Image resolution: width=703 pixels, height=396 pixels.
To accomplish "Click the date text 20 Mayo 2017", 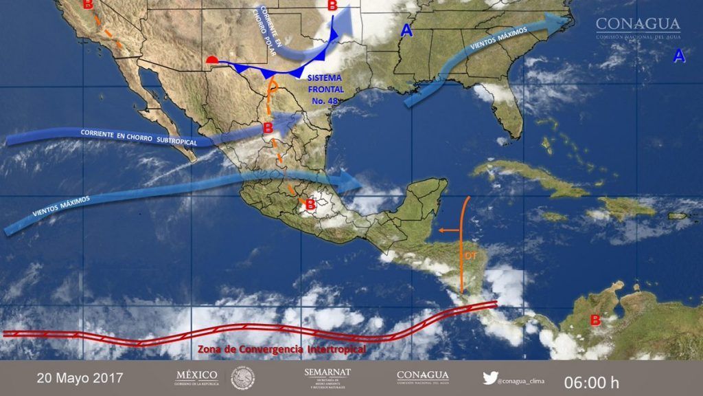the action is tap(80, 378).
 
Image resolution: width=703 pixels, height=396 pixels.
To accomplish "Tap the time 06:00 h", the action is tap(591, 381).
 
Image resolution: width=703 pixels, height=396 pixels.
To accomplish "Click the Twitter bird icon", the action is tap(489, 377).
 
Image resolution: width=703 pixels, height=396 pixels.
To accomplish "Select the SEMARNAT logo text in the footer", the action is tap(327, 373).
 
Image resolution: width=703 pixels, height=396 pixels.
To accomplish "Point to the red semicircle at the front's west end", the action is tap(213, 62).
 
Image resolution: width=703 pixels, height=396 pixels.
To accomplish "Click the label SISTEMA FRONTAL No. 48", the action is tap(327, 90).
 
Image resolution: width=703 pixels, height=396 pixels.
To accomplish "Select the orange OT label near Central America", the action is tap(471, 256).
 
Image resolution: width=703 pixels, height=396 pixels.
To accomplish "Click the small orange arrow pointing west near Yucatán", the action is tap(449, 230).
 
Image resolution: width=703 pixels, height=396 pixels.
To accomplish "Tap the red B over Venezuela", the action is tap(595, 320).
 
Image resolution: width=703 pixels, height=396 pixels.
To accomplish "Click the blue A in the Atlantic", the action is tap(678, 57).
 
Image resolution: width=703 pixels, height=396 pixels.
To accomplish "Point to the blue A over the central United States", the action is tap(407, 30).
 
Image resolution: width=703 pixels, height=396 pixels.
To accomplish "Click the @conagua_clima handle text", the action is tap(524, 377).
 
